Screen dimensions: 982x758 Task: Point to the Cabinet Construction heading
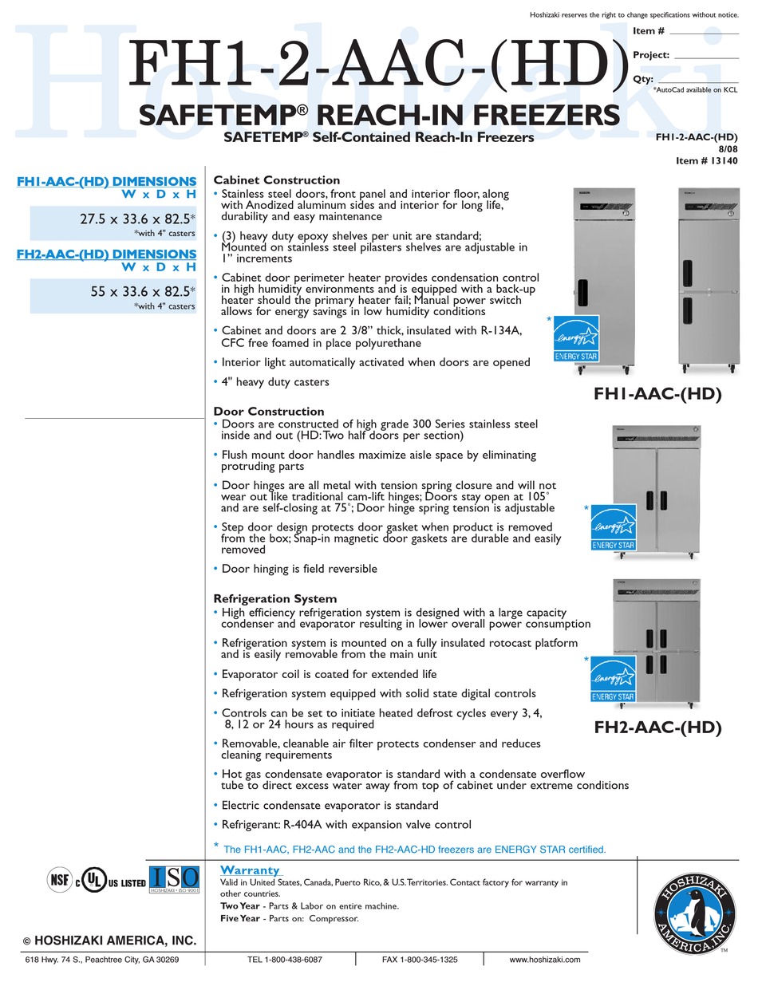point(276,180)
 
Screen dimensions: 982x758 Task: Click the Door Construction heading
point(268,412)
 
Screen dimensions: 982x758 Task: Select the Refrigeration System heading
point(274,598)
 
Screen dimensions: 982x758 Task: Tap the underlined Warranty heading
point(250,870)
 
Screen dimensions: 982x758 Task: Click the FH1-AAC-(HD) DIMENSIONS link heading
point(106,182)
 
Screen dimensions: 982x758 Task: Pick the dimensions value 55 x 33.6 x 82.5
point(140,292)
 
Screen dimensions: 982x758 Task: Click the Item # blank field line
point(704,33)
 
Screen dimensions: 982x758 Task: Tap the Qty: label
point(643,79)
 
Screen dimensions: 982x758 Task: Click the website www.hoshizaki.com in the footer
point(544,960)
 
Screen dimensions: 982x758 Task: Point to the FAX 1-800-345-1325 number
point(420,960)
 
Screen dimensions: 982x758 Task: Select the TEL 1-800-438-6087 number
point(285,960)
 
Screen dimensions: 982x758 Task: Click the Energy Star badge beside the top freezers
point(576,339)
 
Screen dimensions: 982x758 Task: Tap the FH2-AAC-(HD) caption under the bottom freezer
point(657,728)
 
